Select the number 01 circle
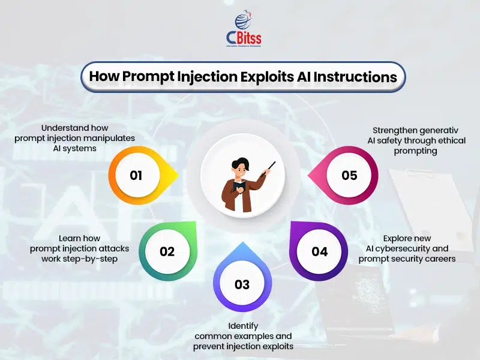click(136, 175)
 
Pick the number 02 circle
click(167, 251)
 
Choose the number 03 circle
click(241, 284)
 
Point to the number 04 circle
click(319, 251)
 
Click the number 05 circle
click(349, 175)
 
